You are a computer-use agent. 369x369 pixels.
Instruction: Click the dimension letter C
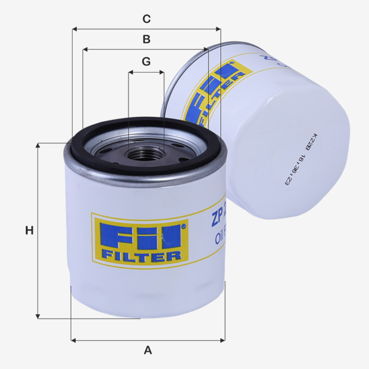(x=146, y=18)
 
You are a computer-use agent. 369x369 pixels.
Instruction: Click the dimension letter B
(x=146, y=39)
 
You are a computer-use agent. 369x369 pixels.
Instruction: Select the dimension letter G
(x=146, y=61)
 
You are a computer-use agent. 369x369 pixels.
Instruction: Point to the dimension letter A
(x=148, y=350)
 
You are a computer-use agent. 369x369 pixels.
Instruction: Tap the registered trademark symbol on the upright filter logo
(x=183, y=226)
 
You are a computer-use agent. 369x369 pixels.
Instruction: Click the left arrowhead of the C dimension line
(x=74, y=28)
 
